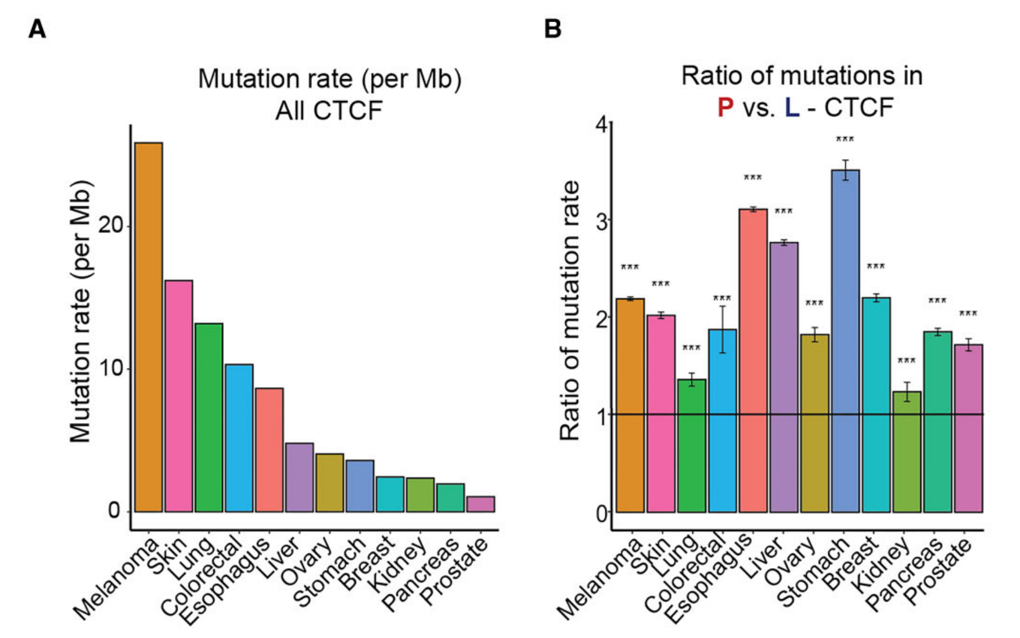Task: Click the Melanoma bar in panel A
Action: click(149, 327)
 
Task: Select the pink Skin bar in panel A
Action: click(179, 396)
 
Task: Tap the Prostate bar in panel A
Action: click(481, 504)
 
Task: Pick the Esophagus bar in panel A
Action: click(270, 450)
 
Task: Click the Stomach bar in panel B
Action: click(845, 341)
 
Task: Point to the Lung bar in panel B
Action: click(692, 446)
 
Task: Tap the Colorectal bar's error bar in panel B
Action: click(723, 329)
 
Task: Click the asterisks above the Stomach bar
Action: click(845, 140)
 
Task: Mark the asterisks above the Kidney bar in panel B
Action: click(907, 361)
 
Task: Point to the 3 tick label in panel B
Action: click(602, 221)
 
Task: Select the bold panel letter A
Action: click(37, 29)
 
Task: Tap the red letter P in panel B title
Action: click(725, 108)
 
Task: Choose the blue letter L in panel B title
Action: click(792, 108)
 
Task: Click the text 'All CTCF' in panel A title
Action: click(329, 110)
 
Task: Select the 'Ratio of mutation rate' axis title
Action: click(570, 310)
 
